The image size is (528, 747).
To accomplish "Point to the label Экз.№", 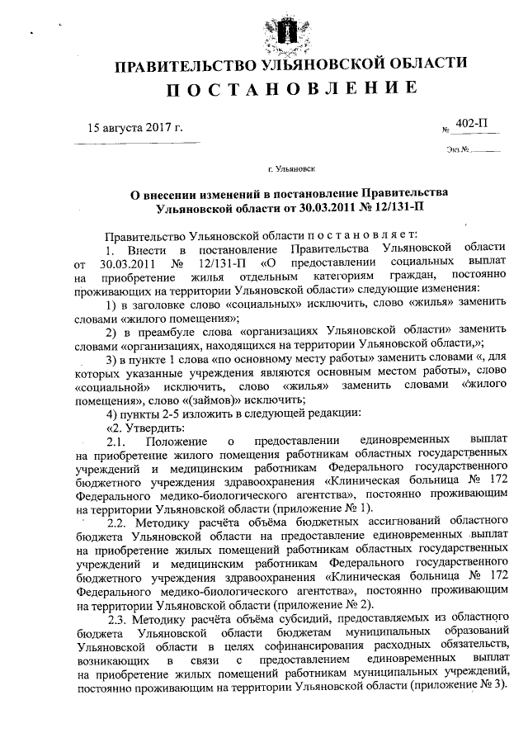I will (x=459, y=150).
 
